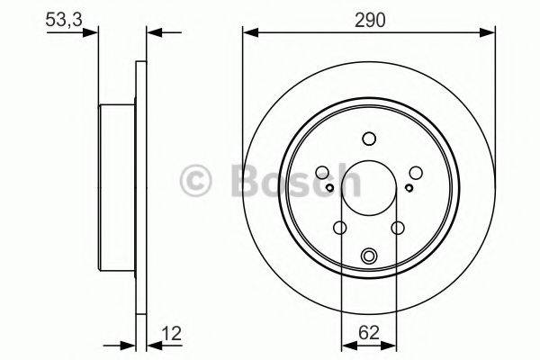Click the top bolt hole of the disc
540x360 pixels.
click(x=368, y=138)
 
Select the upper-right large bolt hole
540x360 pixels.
click(x=417, y=172)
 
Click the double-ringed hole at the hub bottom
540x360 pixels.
click(x=368, y=257)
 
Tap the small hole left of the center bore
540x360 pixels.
click(x=329, y=187)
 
